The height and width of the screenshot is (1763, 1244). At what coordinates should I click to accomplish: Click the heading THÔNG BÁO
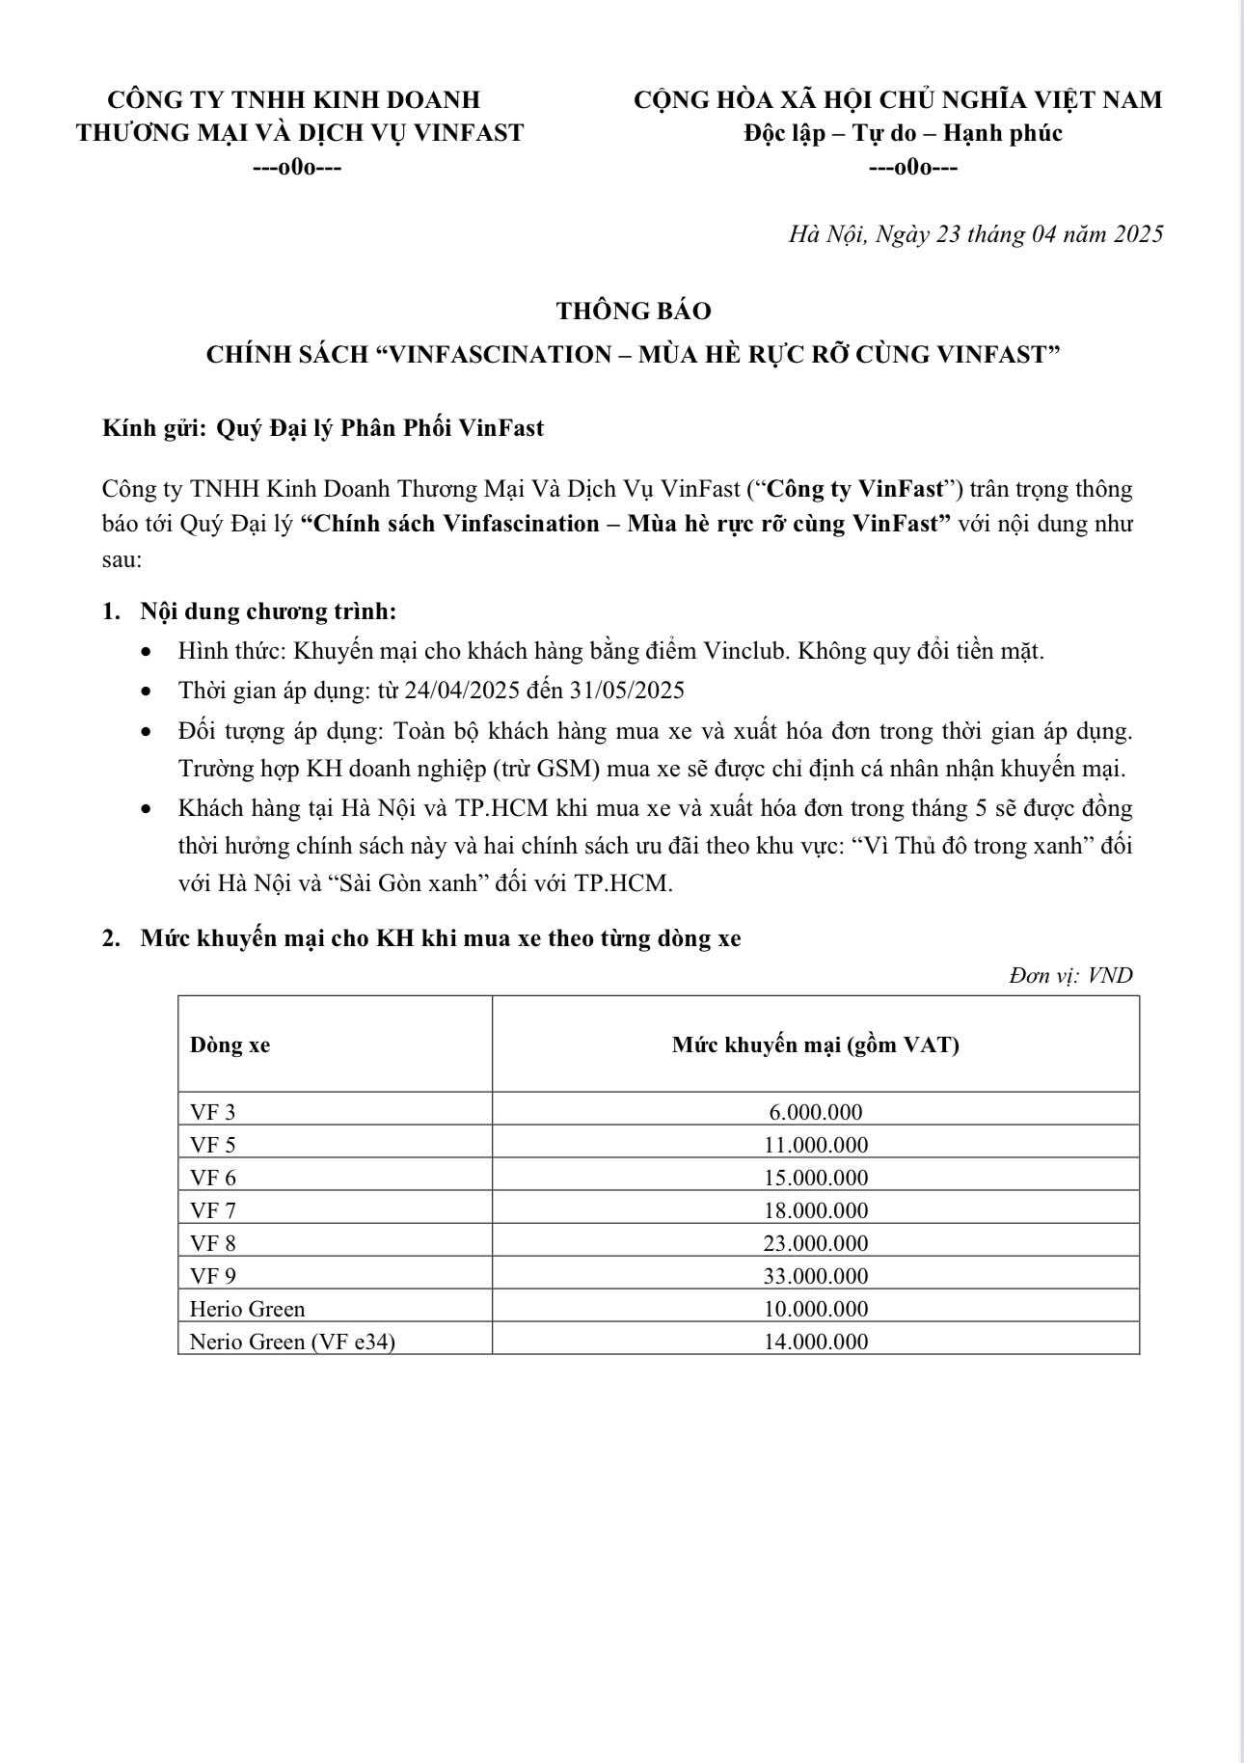click(x=633, y=311)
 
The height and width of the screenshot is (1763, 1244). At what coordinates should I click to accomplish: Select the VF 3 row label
click(x=212, y=1112)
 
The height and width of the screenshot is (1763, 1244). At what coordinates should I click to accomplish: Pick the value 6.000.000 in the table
click(x=815, y=1112)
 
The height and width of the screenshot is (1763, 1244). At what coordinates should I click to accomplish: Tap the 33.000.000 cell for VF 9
click(x=815, y=1276)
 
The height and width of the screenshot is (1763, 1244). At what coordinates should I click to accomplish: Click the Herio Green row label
click(x=247, y=1309)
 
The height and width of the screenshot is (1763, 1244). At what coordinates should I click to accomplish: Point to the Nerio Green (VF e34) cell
click(x=292, y=1342)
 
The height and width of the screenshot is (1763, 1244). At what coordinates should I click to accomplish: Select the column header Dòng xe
click(x=230, y=1044)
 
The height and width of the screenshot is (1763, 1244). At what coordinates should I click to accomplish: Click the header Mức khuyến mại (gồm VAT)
click(x=815, y=1044)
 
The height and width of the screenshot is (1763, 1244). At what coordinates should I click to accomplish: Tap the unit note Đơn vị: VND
click(x=1070, y=975)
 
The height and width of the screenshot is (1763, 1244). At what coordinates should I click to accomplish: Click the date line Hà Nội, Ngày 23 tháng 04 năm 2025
click(x=975, y=234)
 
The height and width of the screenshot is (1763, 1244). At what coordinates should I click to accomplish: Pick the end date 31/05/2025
click(x=630, y=691)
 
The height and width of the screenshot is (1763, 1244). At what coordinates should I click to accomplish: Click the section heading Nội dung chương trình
click(x=268, y=611)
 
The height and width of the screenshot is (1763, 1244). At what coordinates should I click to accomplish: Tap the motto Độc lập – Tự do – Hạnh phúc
click(x=903, y=133)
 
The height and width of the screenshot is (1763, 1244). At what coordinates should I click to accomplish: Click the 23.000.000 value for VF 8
click(x=815, y=1243)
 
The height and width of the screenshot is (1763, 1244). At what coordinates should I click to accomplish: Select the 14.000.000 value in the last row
click(x=815, y=1342)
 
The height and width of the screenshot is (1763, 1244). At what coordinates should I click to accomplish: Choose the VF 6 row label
click(x=212, y=1178)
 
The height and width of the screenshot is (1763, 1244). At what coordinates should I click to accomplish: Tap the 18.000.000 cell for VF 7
click(x=815, y=1210)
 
